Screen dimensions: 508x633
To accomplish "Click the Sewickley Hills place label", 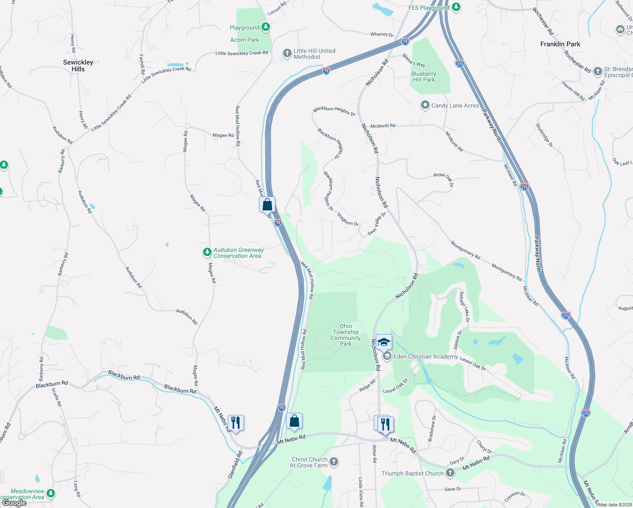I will pyautogui.click(x=78, y=66).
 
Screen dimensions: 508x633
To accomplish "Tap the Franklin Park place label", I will pyautogui.click(x=560, y=44).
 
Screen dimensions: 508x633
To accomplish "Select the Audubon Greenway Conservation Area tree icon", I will pyautogui.click(x=207, y=252).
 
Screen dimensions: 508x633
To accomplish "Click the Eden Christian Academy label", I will pyautogui.click(x=425, y=356).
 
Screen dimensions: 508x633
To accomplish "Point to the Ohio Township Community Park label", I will pyautogui.click(x=346, y=335).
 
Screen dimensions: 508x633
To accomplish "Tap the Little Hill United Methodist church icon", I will pyautogui.click(x=287, y=53).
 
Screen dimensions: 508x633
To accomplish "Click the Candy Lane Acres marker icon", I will pyautogui.click(x=425, y=105).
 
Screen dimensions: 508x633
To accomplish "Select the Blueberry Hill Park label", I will pyautogui.click(x=424, y=77).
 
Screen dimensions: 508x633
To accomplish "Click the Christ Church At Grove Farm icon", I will pyautogui.click(x=334, y=461).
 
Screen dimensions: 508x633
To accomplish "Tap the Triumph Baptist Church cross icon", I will pyautogui.click(x=450, y=473).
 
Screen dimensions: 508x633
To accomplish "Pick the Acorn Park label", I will pyautogui.click(x=245, y=40).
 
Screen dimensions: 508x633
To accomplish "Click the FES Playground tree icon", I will pyautogui.click(x=456, y=7).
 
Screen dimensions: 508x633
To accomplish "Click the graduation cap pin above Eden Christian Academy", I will pyautogui.click(x=383, y=342).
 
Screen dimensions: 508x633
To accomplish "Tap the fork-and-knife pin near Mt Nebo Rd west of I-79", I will pyautogui.click(x=236, y=423).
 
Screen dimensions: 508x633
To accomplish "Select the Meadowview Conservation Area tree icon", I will pyautogui.click(x=51, y=493).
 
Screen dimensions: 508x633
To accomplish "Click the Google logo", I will pyautogui.click(x=14, y=503).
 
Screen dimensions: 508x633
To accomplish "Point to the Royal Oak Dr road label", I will pyautogui.click(x=443, y=179).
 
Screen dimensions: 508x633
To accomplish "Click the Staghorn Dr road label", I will pyautogui.click(x=348, y=219).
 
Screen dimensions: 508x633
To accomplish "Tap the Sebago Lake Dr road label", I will pyautogui.click(x=465, y=307).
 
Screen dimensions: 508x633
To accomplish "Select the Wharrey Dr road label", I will pyautogui.click(x=382, y=34).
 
